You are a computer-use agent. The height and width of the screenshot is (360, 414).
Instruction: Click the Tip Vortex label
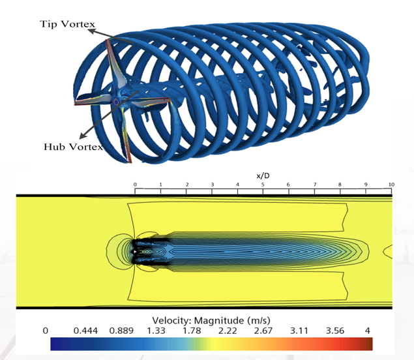(67, 24)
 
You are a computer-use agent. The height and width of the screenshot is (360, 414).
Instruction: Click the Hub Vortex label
(73, 147)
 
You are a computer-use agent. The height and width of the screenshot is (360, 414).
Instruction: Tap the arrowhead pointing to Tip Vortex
(91, 31)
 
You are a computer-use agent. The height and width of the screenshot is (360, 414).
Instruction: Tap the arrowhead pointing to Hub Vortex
(83, 136)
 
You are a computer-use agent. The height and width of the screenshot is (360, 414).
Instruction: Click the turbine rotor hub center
(116, 101)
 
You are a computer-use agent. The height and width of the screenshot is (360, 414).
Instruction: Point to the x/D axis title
(263, 175)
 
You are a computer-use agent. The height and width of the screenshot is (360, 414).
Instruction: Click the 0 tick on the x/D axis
(135, 185)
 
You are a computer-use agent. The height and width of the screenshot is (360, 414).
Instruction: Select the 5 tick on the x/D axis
(263, 185)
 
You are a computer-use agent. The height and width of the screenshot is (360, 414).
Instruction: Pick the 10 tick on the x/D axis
(391, 185)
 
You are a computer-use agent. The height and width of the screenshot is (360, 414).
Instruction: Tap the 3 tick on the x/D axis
(212, 185)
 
